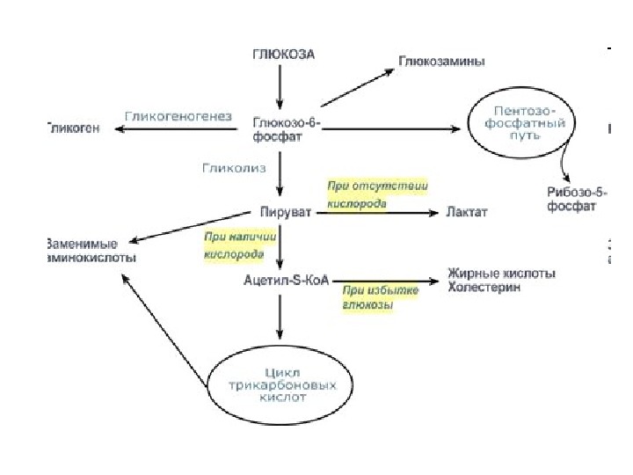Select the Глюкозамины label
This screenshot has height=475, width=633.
(442, 62)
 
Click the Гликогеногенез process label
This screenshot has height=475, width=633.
(178, 115)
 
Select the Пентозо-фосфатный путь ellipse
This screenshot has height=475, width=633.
(523, 126)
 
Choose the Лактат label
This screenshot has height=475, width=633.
(466, 213)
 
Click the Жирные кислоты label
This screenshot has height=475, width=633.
(501, 274)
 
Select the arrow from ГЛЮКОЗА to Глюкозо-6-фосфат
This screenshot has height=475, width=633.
(280, 85)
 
